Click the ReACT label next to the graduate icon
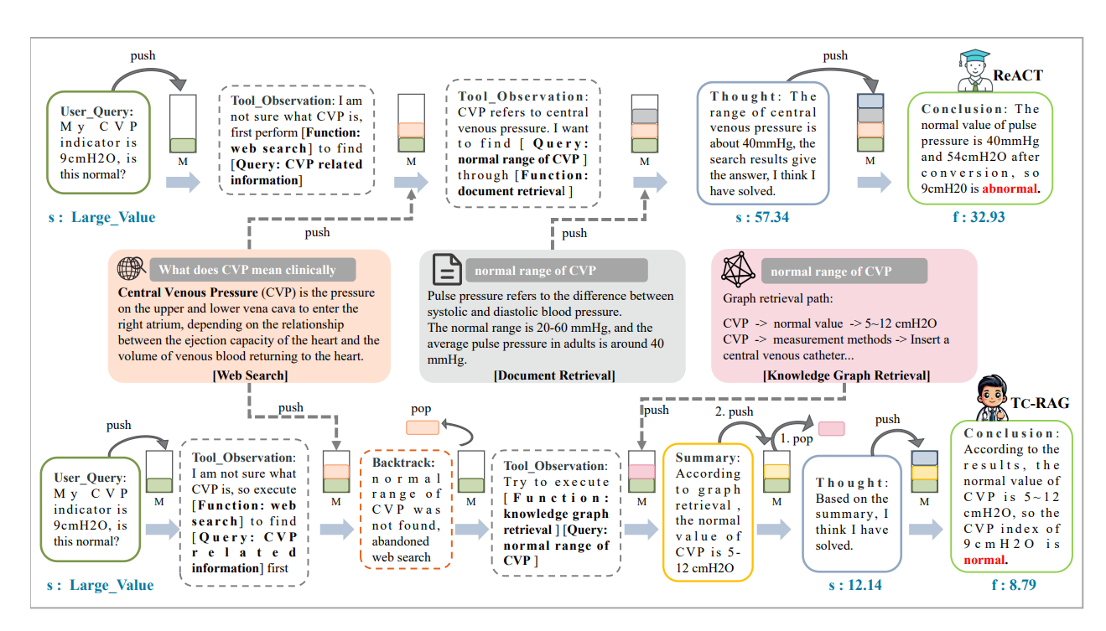1018,75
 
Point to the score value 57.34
758,218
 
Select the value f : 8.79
1013,585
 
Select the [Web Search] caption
249,375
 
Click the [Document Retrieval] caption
554,375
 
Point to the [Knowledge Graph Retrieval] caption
846,375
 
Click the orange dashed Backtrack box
406,510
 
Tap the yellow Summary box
708,512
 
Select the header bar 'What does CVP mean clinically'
252,269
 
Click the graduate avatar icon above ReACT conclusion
974,70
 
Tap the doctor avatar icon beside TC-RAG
995,398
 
